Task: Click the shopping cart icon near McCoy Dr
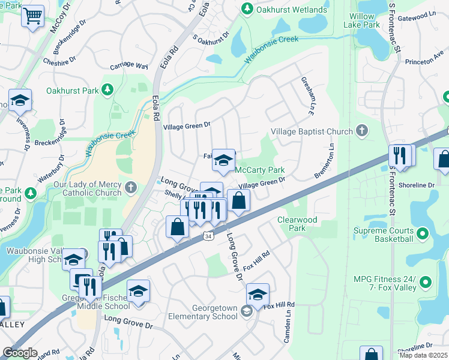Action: pyautogui.click(x=32, y=16)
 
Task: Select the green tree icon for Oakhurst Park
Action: pyautogui.click(x=107, y=91)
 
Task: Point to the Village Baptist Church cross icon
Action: pyautogui.click(x=361, y=130)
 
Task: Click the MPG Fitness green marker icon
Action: pyautogui.click(x=426, y=281)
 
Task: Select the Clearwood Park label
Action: pyautogui.click(x=297, y=224)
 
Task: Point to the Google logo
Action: pyautogui.click(x=20, y=352)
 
